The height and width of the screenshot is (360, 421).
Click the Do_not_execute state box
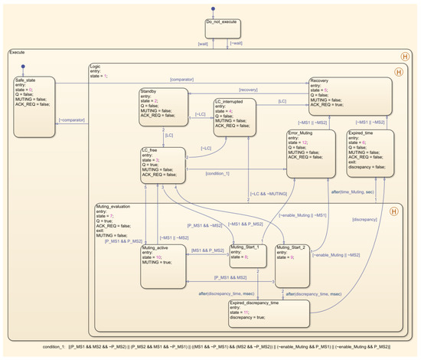(x=223, y=28)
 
